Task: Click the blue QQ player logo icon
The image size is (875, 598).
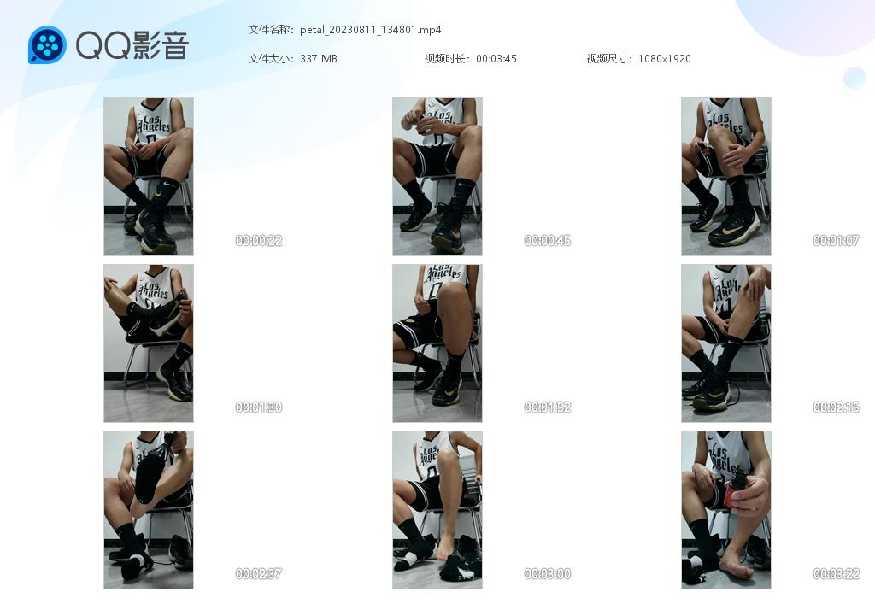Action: point(48,45)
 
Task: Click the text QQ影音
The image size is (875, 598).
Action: point(132,46)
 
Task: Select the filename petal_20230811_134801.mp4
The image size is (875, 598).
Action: point(371,30)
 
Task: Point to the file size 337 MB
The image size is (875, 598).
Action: point(319,59)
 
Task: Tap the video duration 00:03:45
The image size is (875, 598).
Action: point(496,59)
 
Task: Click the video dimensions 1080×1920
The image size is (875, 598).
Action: point(664,59)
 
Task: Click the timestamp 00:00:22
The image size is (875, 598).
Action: point(259,240)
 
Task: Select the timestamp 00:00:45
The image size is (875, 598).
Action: point(548,240)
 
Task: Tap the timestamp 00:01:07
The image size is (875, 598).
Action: point(836,240)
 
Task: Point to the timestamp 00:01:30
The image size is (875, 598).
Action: point(259,407)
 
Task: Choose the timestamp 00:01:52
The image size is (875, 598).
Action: point(548,407)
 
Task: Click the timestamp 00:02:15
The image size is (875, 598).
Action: point(836,407)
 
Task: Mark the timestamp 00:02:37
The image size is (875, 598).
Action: point(259,573)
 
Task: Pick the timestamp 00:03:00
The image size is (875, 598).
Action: point(548,573)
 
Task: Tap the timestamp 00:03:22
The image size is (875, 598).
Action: point(836,573)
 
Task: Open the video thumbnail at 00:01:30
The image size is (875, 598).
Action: point(149,343)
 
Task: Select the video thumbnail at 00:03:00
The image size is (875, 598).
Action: point(437,510)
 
